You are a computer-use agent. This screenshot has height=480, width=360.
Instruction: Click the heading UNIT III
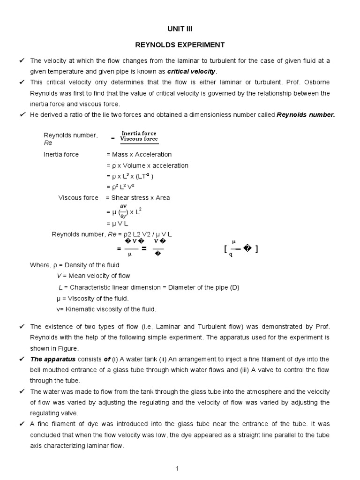point(180,28)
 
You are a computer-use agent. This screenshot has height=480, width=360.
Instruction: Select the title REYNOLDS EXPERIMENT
point(180,45)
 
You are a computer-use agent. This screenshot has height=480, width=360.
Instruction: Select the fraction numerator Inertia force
point(139,133)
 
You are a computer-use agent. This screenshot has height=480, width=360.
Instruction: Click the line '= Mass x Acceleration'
point(139,154)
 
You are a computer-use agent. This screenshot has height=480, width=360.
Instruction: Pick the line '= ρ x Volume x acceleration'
point(147,165)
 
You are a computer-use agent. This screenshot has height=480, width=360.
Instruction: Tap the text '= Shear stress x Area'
point(138,197)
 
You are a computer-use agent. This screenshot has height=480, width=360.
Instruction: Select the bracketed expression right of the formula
point(241,249)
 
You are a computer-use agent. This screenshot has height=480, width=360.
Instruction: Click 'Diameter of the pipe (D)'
point(202,287)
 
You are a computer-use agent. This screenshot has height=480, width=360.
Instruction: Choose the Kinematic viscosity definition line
point(106,309)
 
